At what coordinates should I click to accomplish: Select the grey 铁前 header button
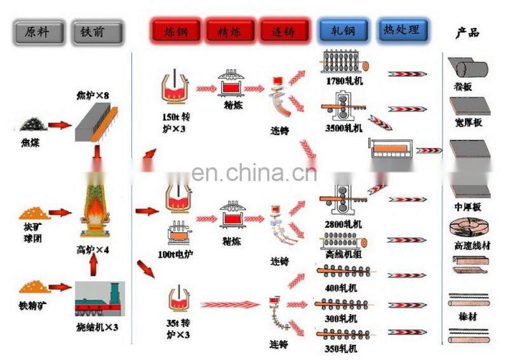coord(97,32)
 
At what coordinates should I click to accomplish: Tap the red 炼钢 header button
coord(176,30)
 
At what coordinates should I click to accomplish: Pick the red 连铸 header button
coord(284,30)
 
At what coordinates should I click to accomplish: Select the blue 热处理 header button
coord(402,29)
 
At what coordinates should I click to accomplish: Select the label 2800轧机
coord(344,224)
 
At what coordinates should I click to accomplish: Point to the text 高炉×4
coord(93,250)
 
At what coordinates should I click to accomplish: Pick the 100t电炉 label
coord(176,254)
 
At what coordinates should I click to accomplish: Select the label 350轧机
coord(344,348)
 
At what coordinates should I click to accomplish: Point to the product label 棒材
coord(469,317)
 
